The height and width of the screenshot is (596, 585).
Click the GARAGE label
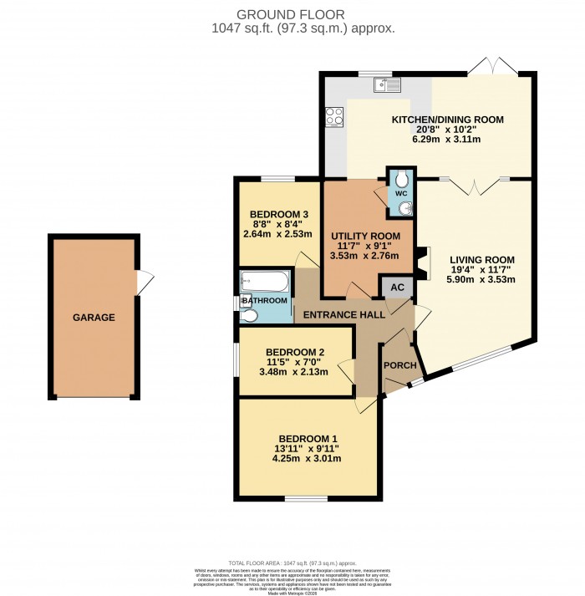pos(93,318)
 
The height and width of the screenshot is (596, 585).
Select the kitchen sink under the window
pos(389,84)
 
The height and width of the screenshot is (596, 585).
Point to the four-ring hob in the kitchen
pos(335,118)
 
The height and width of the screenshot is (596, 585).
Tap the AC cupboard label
pos(398,288)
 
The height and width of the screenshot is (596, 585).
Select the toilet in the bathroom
pos(248,314)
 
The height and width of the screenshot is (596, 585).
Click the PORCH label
pos(399,365)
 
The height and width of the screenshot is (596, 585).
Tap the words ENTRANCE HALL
pos(343,314)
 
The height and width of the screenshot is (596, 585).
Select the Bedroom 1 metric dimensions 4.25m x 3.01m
pos(308,458)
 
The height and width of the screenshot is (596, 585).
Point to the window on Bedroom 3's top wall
pos(277,178)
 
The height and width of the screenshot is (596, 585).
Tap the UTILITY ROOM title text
pos(359,236)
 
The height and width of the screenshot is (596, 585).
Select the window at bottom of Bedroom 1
pos(306,499)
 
